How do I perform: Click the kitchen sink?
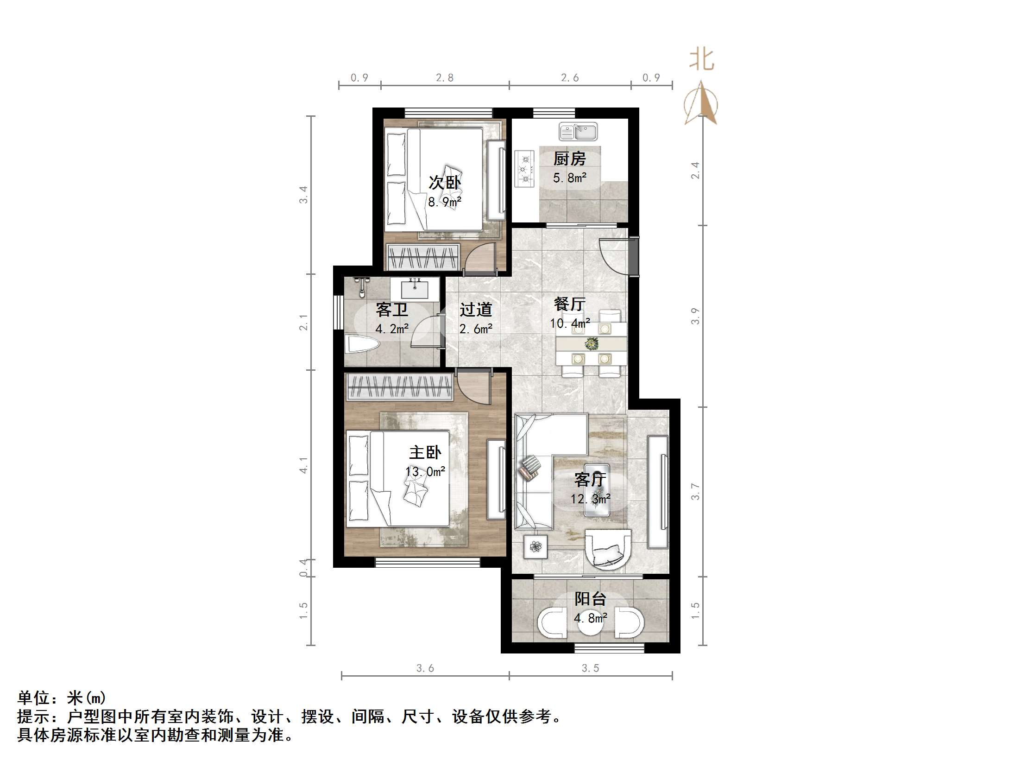coord(578,132)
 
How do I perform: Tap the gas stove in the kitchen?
coord(525,169)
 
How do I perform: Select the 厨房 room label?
coord(569,159)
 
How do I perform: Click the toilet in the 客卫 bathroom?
coord(361,345)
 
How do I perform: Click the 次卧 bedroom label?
coord(444,183)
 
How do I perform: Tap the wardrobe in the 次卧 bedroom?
coord(422,257)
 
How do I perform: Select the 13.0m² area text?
coord(425,472)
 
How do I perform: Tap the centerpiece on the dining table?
coord(591,344)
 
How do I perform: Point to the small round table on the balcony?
coord(591,623)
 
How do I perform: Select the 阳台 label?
coord(590,599)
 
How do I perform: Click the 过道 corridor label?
coord(476,310)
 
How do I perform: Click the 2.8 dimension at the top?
coord(445,78)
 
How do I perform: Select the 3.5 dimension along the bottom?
coord(590,668)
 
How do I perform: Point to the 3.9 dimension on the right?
coord(695,316)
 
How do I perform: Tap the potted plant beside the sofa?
coord(536,547)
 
